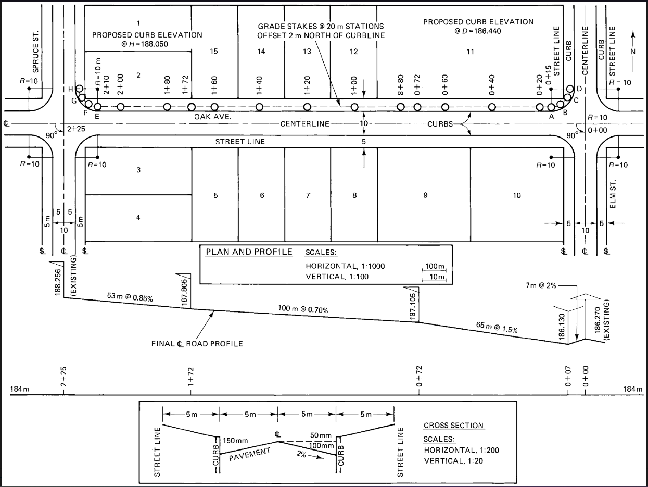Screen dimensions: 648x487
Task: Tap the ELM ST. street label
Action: pos(613,195)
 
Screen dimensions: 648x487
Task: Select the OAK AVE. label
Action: pos(212,117)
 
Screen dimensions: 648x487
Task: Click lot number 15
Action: pos(213,51)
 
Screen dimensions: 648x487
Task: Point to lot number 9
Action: pos(425,195)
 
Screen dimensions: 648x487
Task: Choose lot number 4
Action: pos(138,217)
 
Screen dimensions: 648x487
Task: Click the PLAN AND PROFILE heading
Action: pos(249,252)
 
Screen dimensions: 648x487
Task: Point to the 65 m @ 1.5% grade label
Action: pos(497,327)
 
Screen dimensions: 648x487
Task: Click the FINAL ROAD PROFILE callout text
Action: pos(197,344)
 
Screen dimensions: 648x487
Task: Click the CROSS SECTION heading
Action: pos(454,426)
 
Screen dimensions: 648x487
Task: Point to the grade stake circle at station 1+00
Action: pos(354,107)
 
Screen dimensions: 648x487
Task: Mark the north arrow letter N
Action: pos(633,51)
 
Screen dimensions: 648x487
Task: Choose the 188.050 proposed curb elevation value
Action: pos(159,44)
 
